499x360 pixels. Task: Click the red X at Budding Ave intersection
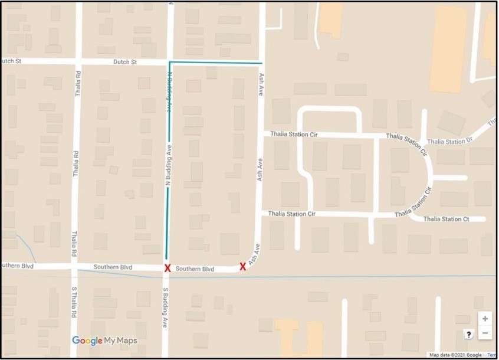168,268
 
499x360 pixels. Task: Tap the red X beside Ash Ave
242,266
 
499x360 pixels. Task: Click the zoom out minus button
485,333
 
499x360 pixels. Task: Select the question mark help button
468,334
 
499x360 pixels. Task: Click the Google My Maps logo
104,341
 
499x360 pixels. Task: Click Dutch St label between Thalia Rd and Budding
126,62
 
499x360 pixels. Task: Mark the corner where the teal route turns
170,62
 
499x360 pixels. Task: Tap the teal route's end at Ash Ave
261,62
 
